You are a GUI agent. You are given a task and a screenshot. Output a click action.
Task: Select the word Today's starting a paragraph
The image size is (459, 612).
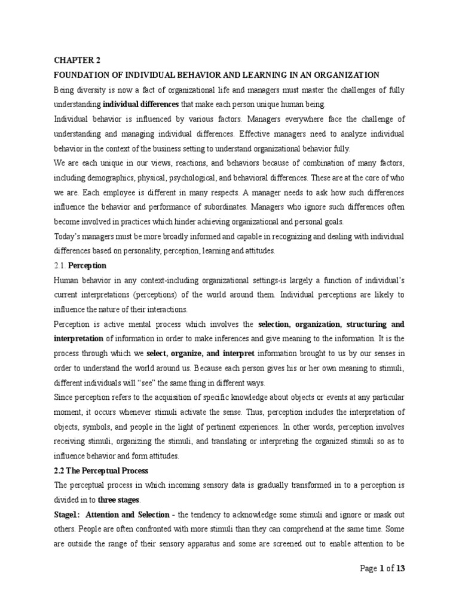70,236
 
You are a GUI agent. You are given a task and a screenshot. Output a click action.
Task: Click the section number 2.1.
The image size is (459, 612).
60,265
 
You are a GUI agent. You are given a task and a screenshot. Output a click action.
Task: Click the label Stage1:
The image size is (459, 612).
66,515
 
